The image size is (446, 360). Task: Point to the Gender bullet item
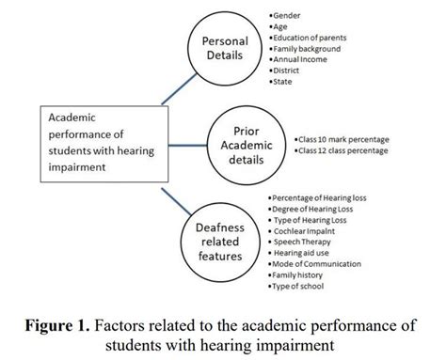click(x=290, y=16)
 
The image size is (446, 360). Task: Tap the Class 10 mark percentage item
click(x=342, y=137)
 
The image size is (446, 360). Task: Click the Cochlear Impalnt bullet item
click(x=308, y=229)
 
